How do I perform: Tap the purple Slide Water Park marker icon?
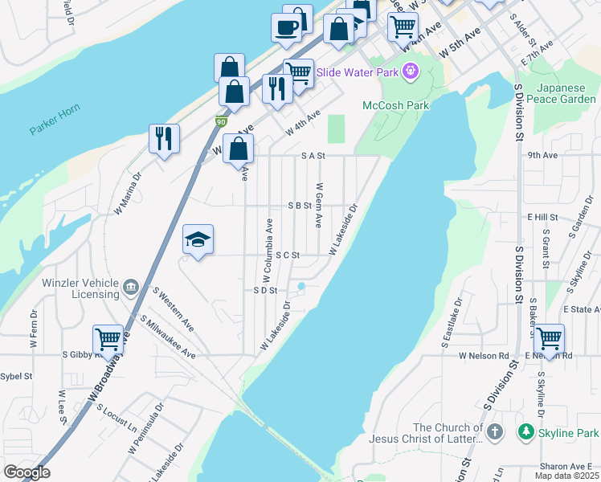point(411,71)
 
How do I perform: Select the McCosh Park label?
point(395,105)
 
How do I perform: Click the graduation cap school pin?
point(198,239)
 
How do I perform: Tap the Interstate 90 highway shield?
point(221,121)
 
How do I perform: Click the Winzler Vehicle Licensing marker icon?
point(132,287)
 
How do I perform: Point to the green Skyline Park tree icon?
point(525,432)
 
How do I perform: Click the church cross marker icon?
point(495,432)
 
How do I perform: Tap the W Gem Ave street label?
point(319,208)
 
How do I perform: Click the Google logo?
point(27,472)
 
